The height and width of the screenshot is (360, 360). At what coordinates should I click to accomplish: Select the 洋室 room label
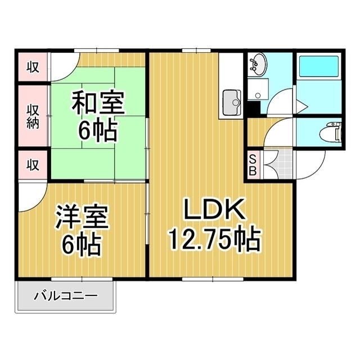coord(82,218)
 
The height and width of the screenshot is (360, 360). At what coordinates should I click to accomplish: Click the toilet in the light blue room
coord(330,134)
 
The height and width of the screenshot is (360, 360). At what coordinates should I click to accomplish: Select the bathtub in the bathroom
coord(318,67)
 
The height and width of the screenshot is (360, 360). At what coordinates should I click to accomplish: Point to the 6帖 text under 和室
coord(98,131)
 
